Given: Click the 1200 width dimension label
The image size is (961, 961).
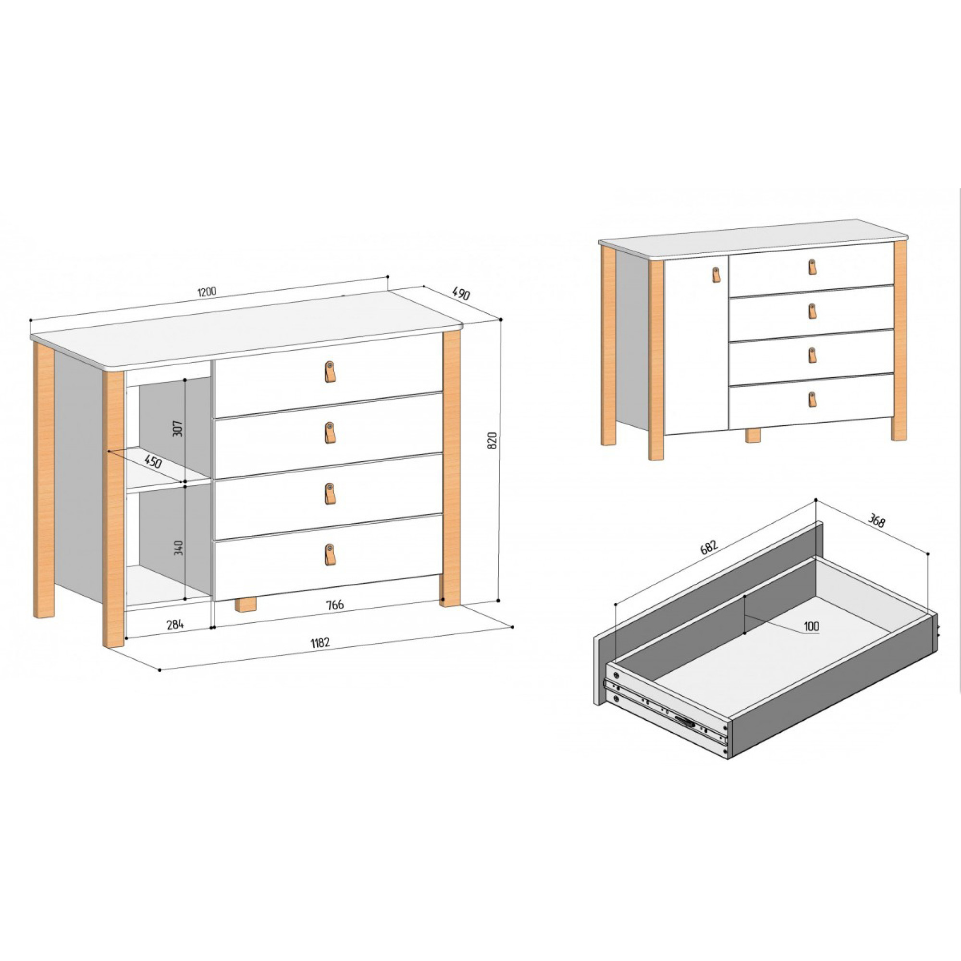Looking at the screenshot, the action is point(207,292).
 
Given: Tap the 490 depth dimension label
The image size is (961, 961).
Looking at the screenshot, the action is point(461,294).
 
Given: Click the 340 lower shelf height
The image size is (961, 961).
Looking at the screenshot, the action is point(179,548).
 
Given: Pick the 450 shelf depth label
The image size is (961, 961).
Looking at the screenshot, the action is point(153,461).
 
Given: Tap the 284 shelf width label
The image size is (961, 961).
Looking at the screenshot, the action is point(175,624).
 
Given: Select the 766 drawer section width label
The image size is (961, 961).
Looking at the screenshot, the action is point(334,604).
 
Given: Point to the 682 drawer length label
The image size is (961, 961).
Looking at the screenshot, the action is point(709,547).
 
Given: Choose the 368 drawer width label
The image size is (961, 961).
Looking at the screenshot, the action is point(876,520).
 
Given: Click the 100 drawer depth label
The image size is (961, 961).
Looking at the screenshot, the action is point(811,626).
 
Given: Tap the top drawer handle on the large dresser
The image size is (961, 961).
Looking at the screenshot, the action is point(329,371).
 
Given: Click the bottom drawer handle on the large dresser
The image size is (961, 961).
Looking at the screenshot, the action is point(329,554).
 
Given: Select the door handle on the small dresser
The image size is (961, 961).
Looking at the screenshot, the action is point(716,274).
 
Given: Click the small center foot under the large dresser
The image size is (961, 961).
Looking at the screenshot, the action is point(246,604).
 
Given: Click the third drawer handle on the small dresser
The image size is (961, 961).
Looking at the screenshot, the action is point(812,355).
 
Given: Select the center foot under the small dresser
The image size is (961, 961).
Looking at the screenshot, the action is point(753,436).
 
